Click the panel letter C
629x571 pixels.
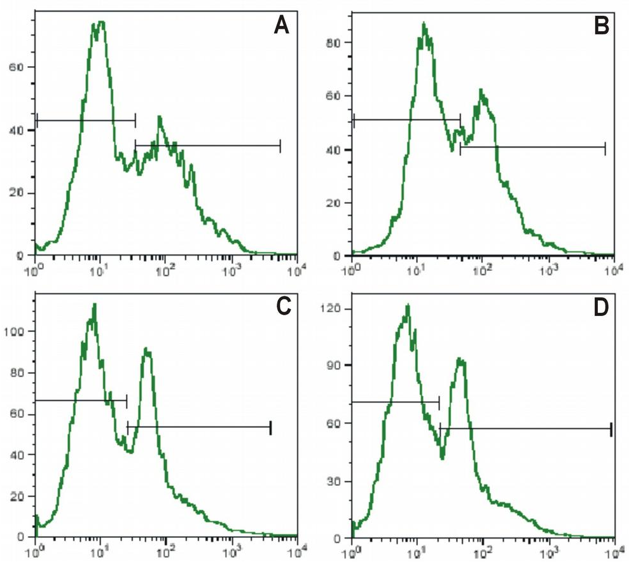(x=283, y=306)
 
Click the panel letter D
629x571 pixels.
(x=601, y=306)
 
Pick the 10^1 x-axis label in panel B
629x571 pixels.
(x=416, y=270)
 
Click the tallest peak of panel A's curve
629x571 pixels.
(x=99, y=22)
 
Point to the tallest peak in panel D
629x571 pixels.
(x=407, y=306)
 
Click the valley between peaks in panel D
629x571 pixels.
(x=442, y=457)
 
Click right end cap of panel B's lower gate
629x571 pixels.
(x=605, y=148)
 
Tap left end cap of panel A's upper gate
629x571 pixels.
(x=37, y=120)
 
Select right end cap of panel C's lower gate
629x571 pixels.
(x=271, y=427)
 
